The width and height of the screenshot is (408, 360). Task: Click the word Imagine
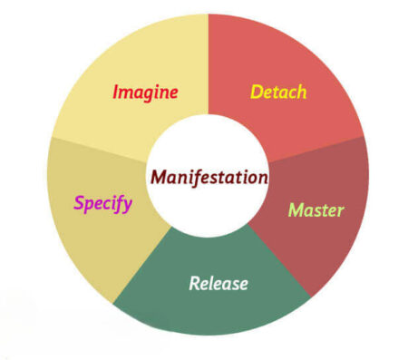pyautogui.click(x=145, y=92)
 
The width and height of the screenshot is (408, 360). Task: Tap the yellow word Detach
pyautogui.click(x=278, y=92)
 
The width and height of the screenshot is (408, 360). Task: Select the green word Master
pyautogui.click(x=316, y=210)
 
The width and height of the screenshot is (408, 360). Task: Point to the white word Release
pyautogui.click(x=218, y=283)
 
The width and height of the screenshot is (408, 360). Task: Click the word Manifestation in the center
pyautogui.click(x=209, y=176)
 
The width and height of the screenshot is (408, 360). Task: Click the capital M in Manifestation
pyautogui.click(x=159, y=176)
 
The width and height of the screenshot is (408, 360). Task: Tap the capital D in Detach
pyautogui.click(x=256, y=92)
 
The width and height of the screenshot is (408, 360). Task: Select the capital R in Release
pyautogui.click(x=194, y=283)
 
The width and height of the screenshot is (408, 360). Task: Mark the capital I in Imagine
pyautogui.click(x=116, y=92)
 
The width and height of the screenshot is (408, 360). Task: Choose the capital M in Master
pyautogui.click(x=295, y=210)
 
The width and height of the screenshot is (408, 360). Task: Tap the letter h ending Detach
pyautogui.click(x=302, y=92)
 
